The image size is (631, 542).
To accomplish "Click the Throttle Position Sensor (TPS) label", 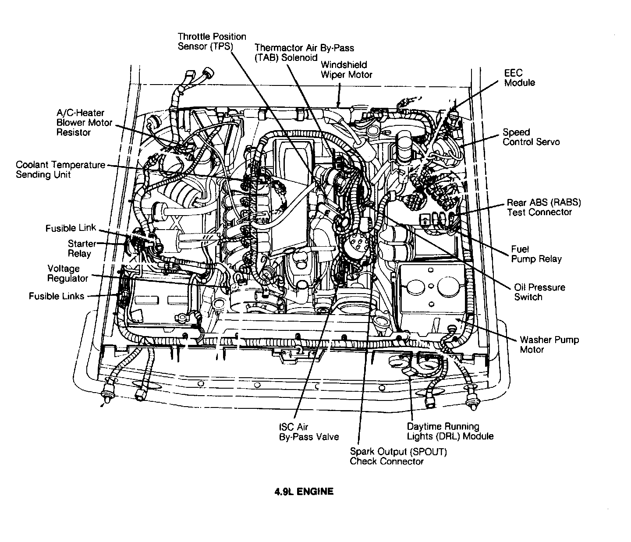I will (212, 42).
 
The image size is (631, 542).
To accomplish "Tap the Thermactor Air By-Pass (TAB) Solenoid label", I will (304, 53).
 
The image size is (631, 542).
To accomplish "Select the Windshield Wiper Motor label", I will (346, 70).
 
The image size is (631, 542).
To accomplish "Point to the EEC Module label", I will (519, 78).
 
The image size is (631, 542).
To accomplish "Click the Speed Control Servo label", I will (531, 137).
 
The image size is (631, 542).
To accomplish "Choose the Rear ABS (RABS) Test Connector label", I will (543, 207).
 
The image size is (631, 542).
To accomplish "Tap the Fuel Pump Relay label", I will (536, 254).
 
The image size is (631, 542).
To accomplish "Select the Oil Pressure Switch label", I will (539, 292).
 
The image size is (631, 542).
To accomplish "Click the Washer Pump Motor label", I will (549, 344).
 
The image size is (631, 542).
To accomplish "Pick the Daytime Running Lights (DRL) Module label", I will (450, 431).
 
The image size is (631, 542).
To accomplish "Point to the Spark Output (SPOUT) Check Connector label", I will (398, 456).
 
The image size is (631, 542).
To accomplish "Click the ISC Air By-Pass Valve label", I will (308, 432).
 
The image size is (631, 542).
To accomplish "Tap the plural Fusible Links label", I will (57, 296).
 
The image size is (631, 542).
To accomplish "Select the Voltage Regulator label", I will (67, 273).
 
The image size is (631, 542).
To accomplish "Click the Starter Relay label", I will (82, 248).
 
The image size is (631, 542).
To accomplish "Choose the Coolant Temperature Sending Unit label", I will (60, 170).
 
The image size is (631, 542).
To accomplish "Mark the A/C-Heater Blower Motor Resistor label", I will (84, 123).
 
